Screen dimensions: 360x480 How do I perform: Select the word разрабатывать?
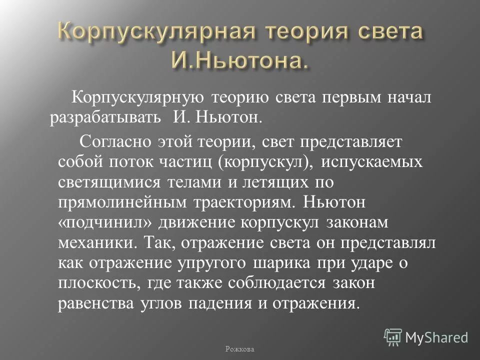click(104, 118)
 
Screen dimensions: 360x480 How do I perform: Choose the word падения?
click(250, 304)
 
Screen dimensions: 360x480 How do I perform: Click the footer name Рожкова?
click(240, 348)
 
